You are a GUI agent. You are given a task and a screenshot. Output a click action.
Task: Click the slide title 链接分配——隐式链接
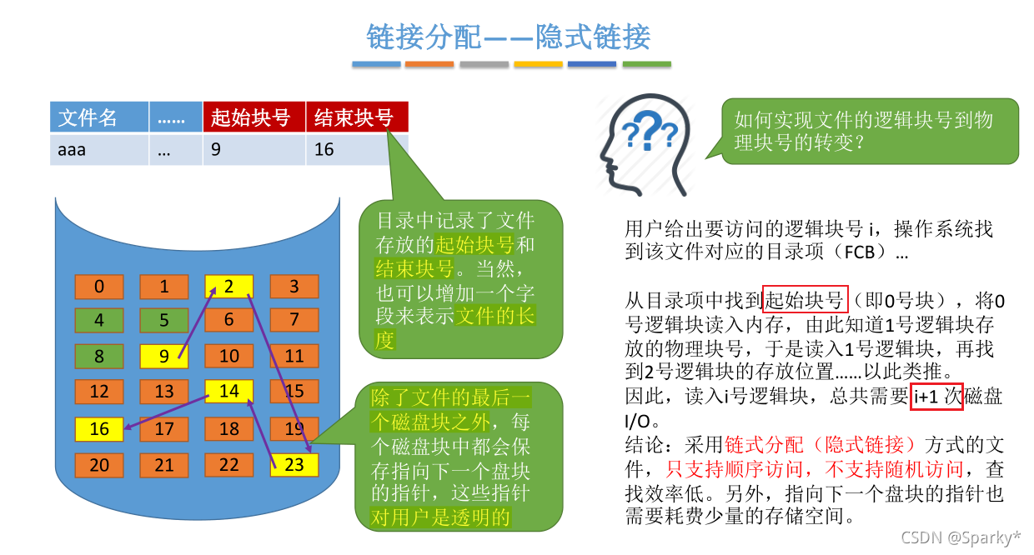pyautogui.click(x=509, y=37)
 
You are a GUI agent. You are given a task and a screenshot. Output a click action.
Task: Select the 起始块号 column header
pyautogui.click(x=253, y=117)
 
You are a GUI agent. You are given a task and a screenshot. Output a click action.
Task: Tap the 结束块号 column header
pyautogui.click(x=357, y=117)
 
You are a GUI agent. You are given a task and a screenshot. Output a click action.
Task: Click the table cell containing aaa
pyautogui.click(x=98, y=150)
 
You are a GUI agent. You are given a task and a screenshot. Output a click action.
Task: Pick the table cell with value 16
pyautogui.click(x=357, y=150)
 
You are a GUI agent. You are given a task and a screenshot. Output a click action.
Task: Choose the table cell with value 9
pyautogui.click(x=253, y=150)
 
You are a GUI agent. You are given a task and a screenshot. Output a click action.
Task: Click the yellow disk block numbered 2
pyautogui.click(x=228, y=287)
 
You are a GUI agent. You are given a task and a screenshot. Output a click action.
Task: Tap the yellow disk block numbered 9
pyautogui.click(x=164, y=357)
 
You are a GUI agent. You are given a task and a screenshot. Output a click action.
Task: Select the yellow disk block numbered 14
pyautogui.click(x=228, y=391)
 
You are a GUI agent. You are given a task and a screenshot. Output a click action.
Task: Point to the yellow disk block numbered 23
pyautogui.click(x=294, y=465)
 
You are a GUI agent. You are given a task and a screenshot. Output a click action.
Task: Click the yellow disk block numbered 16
pyautogui.click(x=99, y=429)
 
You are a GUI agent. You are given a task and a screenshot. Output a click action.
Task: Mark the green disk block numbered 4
pyautogui.click(x=99, y=320)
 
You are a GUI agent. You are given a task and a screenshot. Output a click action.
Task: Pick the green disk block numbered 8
pyautogui.click(x=99, y=357)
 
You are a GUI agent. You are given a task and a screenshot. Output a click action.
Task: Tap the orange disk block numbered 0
pyautogui.click(x=99, y=287)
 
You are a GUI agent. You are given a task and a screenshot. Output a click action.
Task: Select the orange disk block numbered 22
pyautogui.click(x=228, y=465)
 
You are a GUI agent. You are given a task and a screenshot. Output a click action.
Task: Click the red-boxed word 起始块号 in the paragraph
pyautogui.click(x=805, y=300)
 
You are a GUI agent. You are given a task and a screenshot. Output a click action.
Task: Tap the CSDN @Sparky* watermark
pyautogui.click(x=961, y=537)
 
